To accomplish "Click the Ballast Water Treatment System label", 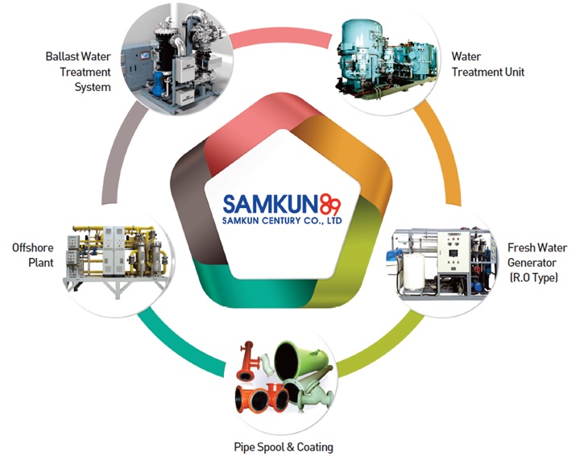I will (77, 72).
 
